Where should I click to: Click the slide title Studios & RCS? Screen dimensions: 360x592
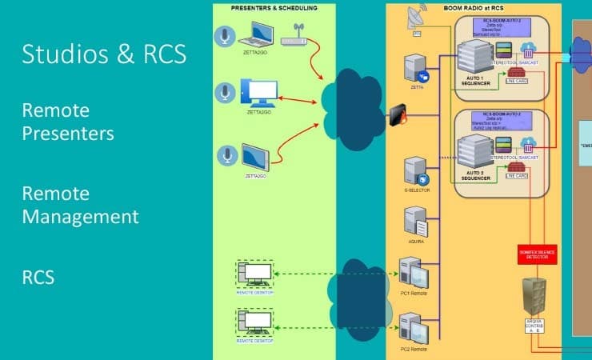click(104, 54)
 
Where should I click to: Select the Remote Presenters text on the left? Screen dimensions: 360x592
click(68, 121)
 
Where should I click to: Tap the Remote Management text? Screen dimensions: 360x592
click(80, 205)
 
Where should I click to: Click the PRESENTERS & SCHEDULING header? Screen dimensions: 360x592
click(274, 7)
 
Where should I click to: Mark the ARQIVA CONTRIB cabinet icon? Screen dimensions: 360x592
click(534, 297)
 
